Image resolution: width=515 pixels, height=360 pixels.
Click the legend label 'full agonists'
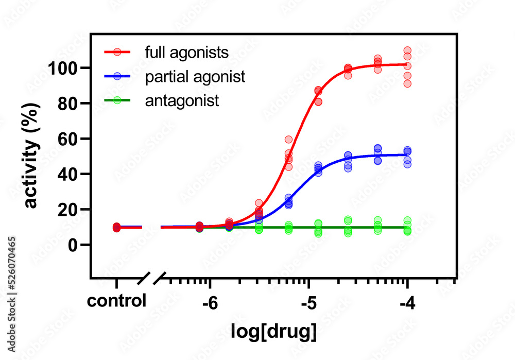point(187,53)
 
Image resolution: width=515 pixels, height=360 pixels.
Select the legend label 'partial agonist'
point(195,77)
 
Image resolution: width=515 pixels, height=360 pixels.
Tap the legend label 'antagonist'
point(182,100)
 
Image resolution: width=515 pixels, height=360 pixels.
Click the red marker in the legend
point(117,52)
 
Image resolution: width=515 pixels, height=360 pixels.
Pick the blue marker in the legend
point(117,76)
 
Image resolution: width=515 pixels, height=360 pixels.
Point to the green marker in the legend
point(117,100)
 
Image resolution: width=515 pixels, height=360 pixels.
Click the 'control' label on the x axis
point(116,301)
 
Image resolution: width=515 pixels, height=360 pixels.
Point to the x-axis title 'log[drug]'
point(273,332)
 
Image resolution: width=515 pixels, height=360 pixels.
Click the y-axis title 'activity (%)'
point(32,157)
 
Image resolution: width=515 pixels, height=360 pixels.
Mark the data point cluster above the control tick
point(117,227)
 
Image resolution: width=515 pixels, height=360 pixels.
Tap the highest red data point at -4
point(407,50)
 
